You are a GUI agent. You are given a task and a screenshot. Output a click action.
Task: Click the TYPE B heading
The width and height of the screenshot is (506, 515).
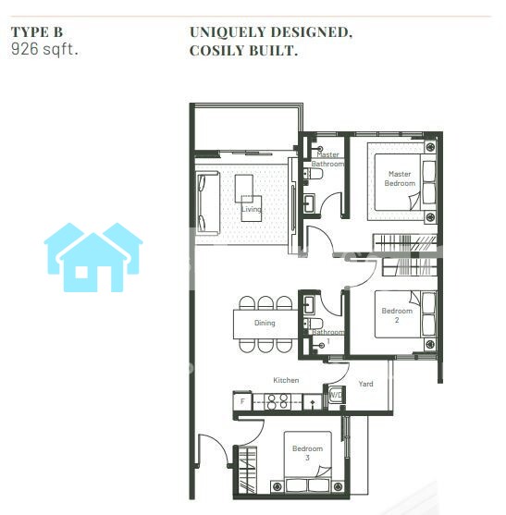pyautogui.click(x=37, y=32)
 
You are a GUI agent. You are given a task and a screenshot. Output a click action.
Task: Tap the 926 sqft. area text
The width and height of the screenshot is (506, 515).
pyautogui.click(x=44, y=49)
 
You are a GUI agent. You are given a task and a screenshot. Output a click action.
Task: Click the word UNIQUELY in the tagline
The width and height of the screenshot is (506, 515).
pyautogui.click(x=228, y=32)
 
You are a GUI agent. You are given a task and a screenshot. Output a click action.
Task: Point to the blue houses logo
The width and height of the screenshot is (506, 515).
pyautogui.click(x=93, y=257)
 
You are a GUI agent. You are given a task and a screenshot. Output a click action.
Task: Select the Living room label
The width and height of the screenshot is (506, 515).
pyautogui.click(x=252, y=209)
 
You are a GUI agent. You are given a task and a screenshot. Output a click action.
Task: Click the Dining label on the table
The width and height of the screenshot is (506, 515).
pyautogui.click(x=265, y=323)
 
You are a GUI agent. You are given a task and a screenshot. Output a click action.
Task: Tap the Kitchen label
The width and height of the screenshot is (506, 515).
pyautogui.click(x=286, y=380)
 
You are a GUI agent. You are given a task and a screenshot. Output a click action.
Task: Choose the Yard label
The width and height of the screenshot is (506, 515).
pyautogui.click(x=365, y=384)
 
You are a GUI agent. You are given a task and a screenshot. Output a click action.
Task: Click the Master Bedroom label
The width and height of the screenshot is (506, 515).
pyautogui.click(x=400, y=178)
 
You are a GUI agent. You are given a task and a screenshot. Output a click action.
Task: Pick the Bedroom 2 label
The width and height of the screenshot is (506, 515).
pyautogui.click(x=397, y=315)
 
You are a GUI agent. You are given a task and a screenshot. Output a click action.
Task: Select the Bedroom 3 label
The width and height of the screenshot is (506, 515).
pyautogui.click(x=307, y=453)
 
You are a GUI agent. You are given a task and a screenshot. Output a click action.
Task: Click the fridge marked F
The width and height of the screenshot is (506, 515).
pyautogui.click(x=242, y=401)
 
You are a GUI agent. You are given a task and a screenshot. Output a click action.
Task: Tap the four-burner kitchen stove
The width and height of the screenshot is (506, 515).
pyautogui.click(x=278, y=401)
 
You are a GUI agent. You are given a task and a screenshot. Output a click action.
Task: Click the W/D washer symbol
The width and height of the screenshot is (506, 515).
pyautogui.click(x=336, y=395)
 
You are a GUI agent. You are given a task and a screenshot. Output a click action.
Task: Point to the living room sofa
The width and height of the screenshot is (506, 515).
pyautogui.click(x=207, y=203)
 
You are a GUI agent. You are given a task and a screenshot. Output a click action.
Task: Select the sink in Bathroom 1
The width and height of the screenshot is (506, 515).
pyautogui.click(x=309, y=305)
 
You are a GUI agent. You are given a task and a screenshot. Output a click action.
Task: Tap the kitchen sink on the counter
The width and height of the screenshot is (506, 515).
pyautogui.click(x=312, y=402)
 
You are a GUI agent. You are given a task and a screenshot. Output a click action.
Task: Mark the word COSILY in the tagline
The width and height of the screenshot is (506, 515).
pyautogui.click(x=216, y=51)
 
